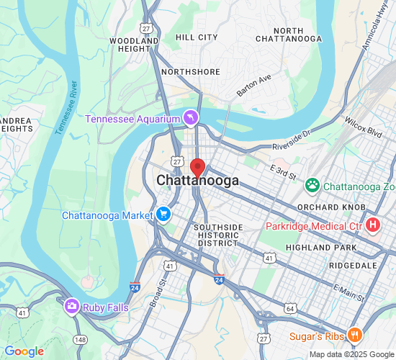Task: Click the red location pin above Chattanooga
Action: [x=198, y=167]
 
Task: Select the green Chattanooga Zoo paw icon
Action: [x=312, y=186]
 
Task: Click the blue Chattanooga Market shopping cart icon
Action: [x=163, y=215]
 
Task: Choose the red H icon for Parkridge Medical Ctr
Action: [x=373, y=225]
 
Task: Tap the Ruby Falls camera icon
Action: [x=71, y=306]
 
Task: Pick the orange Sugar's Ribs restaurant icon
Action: [x=354, y=335]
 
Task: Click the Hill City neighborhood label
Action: [x=197, y=37]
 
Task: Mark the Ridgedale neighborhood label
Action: [x=353, y=266]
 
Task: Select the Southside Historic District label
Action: [x=217, y=235]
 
